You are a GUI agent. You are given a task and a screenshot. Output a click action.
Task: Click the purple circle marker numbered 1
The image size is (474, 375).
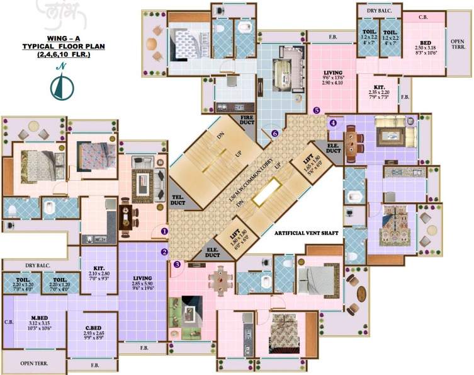[164, 231]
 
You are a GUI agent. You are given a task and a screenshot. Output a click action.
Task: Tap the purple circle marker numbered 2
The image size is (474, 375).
[164, 253]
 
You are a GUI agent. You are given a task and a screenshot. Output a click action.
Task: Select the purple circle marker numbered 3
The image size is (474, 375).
[177, 265]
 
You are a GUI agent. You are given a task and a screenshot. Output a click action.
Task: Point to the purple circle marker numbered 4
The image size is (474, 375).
[333, 123]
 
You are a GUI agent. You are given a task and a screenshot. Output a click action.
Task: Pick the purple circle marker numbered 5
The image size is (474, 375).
[316, 110]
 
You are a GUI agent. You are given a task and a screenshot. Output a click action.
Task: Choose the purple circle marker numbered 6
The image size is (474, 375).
[274, 134]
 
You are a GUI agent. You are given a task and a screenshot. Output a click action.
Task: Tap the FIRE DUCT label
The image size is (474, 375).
[246, 122]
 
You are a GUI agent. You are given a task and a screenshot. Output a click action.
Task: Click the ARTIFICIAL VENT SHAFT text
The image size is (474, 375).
[306, 233]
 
